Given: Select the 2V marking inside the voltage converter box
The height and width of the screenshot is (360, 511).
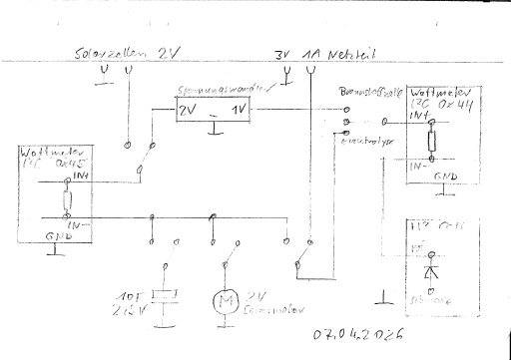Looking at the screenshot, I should click(x=188, y=109).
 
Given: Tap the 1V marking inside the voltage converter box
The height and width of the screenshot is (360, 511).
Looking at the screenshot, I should click(x=241, y=109).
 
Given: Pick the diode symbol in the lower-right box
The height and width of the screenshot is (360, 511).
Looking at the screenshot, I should click(x=430, y=269).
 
